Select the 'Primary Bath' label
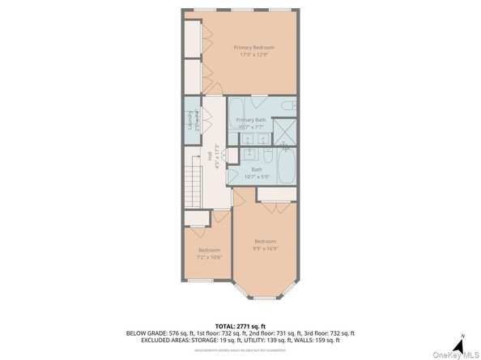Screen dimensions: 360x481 point(251,120)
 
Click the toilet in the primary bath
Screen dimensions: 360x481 point(287,106)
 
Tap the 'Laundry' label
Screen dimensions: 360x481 point(192,120)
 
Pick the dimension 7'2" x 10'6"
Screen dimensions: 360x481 point(209,257)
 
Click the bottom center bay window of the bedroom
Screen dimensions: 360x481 point(265,299)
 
